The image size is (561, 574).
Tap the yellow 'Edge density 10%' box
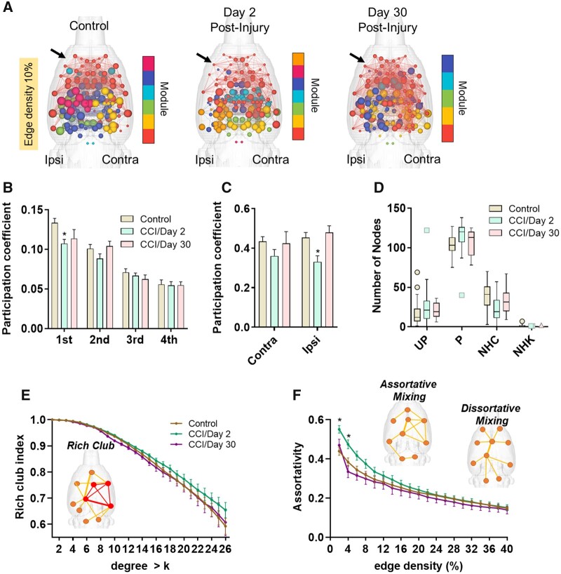click(29, 102)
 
